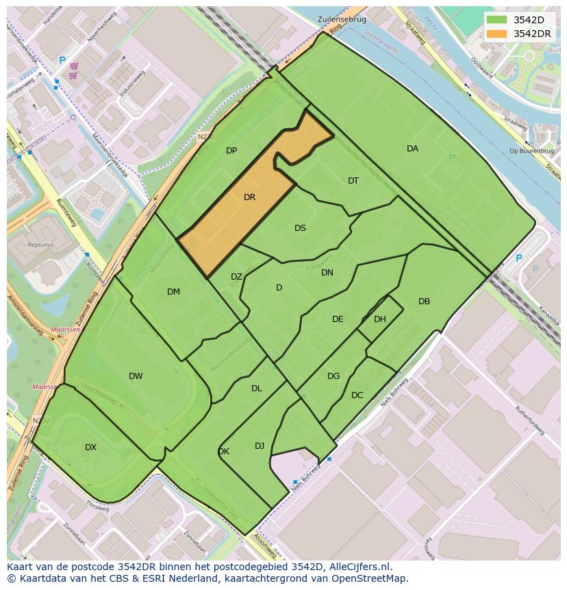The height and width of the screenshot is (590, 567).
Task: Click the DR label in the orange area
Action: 249,197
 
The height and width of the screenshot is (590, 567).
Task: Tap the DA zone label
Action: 412,149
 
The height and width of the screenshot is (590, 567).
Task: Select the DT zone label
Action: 353,181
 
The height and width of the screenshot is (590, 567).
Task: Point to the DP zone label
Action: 231,151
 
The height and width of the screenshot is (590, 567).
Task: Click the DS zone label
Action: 300,228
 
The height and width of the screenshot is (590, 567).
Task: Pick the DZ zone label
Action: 236,277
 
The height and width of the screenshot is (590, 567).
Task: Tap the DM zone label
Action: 173,292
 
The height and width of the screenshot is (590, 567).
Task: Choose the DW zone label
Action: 136,376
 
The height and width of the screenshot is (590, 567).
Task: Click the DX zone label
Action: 90,447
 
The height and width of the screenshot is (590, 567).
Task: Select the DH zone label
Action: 380,319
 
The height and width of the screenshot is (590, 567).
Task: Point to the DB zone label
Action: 424,302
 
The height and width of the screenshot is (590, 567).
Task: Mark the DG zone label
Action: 333,376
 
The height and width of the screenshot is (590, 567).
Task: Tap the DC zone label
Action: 357,395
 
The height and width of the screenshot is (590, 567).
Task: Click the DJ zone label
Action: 260,446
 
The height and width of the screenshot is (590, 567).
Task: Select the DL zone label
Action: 256,389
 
